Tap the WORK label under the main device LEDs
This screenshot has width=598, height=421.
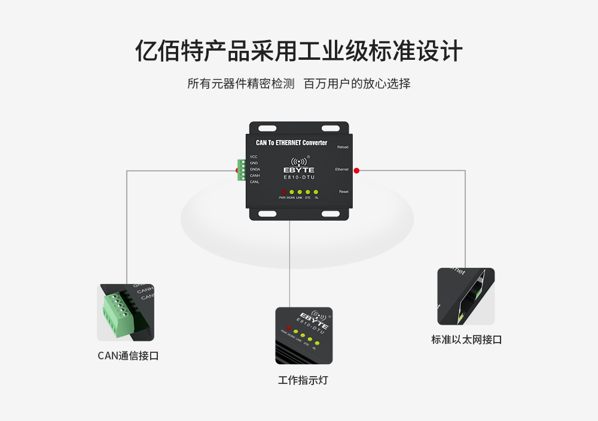coord(291,197)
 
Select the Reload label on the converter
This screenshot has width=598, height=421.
coord(343,147)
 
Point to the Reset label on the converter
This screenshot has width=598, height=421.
coord(344,191)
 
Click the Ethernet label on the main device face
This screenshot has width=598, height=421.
coord(341,169)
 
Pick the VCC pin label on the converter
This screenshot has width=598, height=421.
coord(254,157)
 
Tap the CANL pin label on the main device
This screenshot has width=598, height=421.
coord(255,182)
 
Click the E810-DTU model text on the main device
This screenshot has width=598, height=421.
coord(299,178)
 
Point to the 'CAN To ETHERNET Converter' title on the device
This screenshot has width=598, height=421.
coord(291,143)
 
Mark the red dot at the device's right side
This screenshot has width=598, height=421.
coord(356,170)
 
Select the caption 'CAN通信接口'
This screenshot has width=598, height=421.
coord(128,356)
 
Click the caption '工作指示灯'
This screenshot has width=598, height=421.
coord(303,380)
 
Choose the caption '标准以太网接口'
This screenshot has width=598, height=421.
coord(466,340)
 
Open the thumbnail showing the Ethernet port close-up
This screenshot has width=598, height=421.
coord(466,297)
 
